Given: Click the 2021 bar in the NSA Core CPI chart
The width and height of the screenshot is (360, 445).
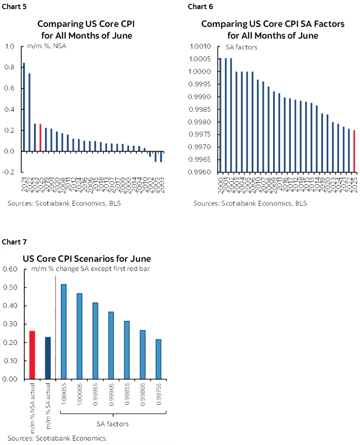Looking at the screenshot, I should [23, 107].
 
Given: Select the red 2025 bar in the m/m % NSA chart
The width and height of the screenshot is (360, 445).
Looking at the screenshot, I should [40, 137].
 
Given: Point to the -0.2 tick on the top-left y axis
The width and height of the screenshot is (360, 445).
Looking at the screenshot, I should [9, 172].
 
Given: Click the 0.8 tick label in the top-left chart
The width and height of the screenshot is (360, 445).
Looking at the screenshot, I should [9, 67].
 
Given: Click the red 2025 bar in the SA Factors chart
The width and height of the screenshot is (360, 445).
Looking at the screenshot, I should [354, 151].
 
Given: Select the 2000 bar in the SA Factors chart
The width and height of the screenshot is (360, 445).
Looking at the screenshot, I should [220, 115].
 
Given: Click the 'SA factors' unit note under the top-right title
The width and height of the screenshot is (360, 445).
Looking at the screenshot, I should [241, 47].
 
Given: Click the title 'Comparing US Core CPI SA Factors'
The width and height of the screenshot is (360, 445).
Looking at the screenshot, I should [273, 24].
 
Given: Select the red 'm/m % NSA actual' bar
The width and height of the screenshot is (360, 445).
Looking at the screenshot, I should [32, 355].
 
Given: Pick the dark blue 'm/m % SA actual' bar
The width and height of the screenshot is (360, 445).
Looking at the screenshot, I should [48, 358].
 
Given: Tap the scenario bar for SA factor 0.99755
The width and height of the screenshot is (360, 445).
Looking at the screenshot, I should [158, 359].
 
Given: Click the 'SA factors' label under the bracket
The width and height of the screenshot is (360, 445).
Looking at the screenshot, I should [112, 423].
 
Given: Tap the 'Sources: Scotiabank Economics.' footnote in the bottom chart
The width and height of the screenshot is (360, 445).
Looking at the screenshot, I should [57, 438].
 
